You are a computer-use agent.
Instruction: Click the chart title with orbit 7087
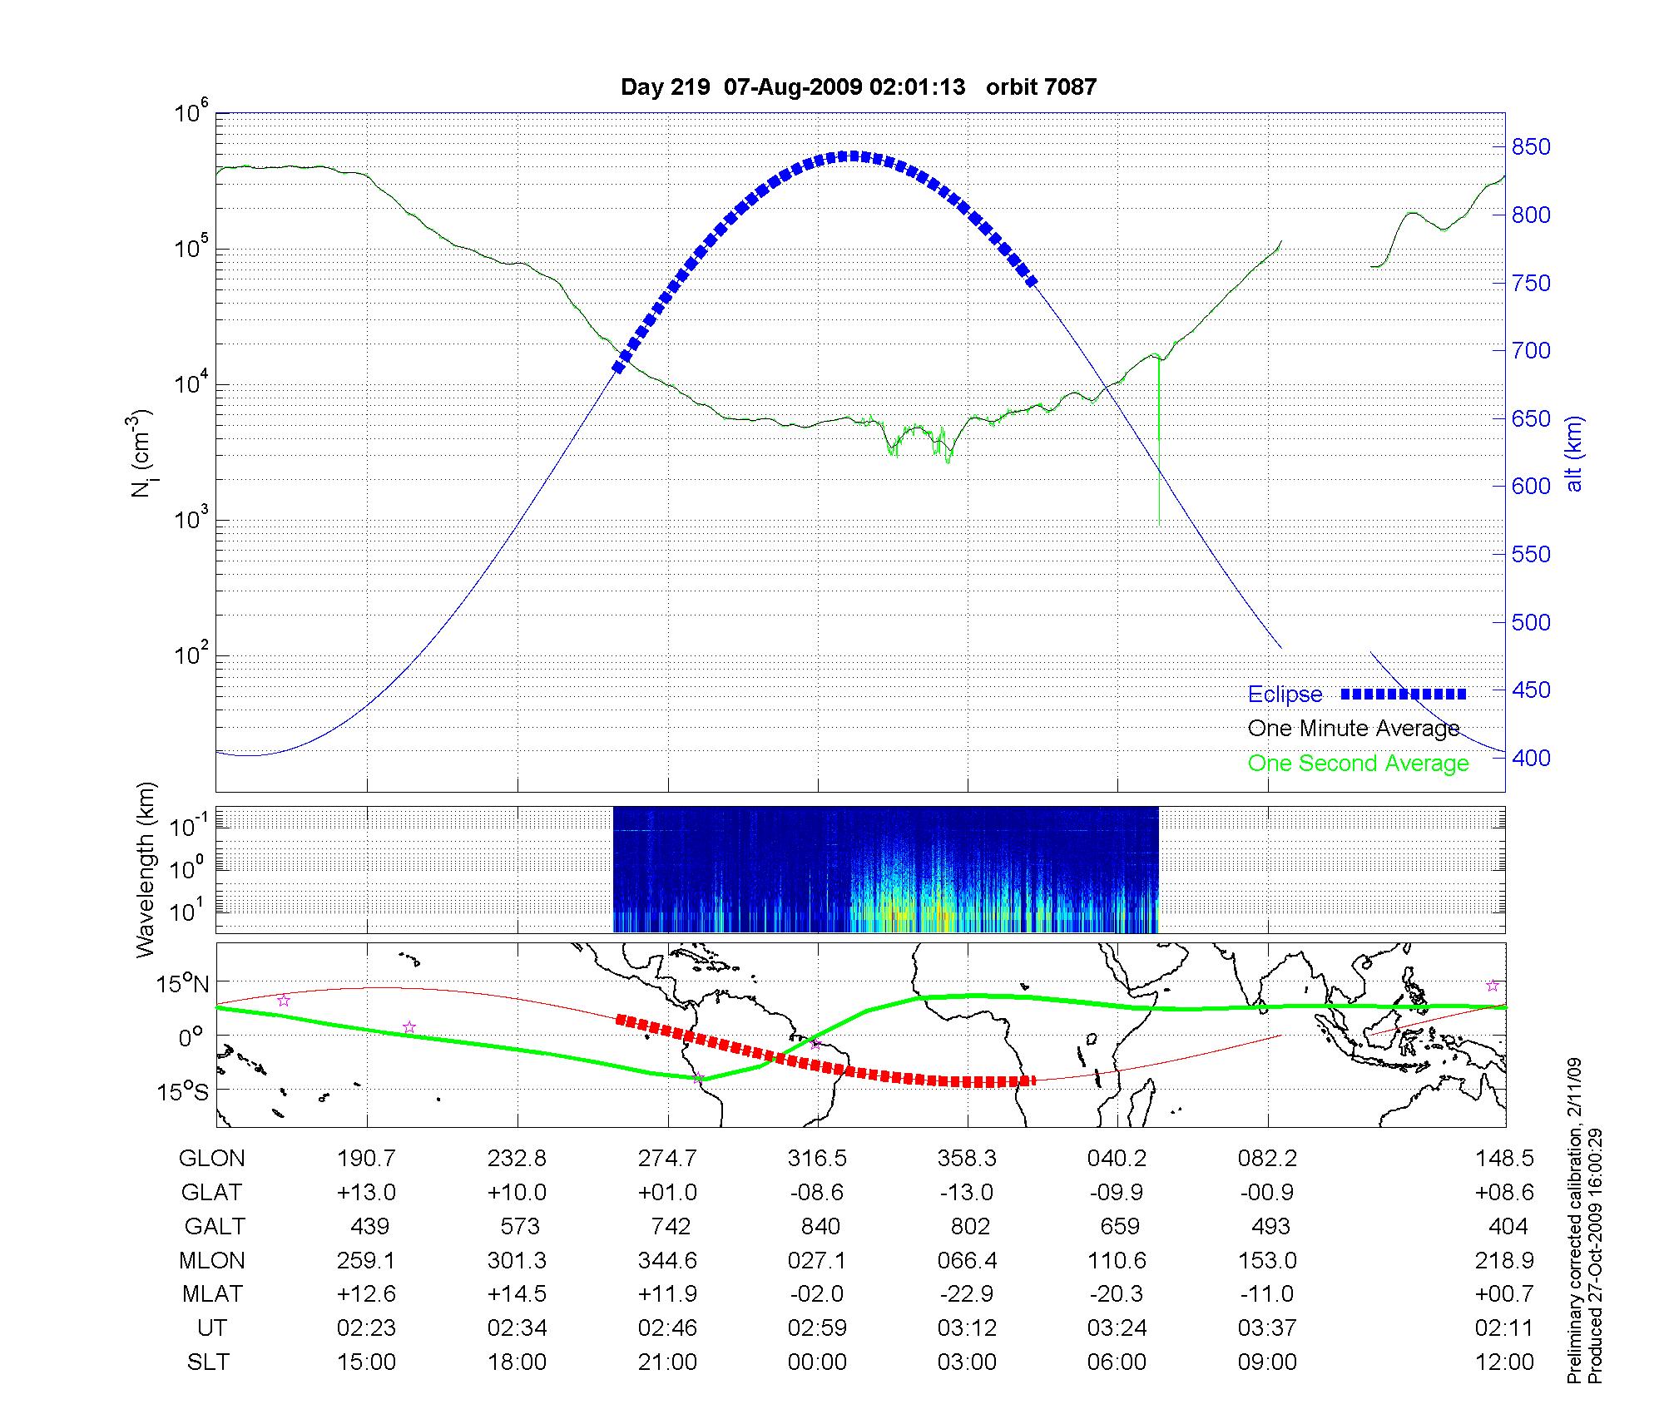pyautogui.click(x=859, y=87)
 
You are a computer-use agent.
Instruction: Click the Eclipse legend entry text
pyautogui.click(x=1285, y=695)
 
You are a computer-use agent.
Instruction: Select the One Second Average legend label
pyautogui.click(x=1358, y=764)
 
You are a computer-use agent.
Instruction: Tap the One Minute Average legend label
pyautogui.click(x=1354, y=729)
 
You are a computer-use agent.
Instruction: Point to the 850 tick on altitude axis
pyautogui.click(x=1531, y=147)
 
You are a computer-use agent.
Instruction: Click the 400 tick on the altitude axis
pyautogui.click(x=1531, y=758)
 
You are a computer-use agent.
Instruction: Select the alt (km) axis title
pyautogui.click(x=1574, y=453)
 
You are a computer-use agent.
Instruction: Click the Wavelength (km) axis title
pyautogui.click(x=146, y=869)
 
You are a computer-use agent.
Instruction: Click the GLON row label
pyautogui.click(x=212, y=1159)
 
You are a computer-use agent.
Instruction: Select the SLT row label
pyautogui.click(x=208, y=1362)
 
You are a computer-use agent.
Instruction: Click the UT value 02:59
pyautogui.click(x=817, y=1327)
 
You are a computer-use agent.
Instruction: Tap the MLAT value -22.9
pyautogui.click(x=967, y=1294)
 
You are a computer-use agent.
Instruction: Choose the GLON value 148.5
pyautogui.click(x=1503, y=1159)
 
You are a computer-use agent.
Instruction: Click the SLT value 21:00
pyautogui.click(x=667, y=1362)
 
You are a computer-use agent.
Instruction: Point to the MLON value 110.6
pyautogui.click(x=1117, y=1261)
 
